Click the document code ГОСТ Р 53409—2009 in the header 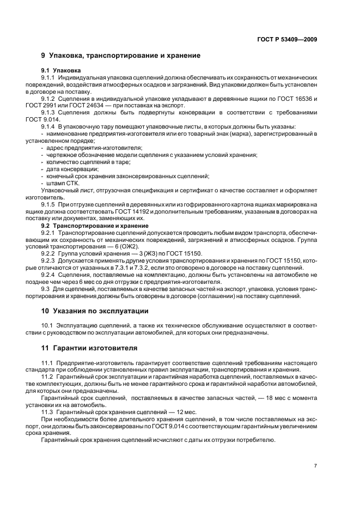pyautogui.click(x=287, y=39)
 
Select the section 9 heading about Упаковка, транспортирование pyautogui.click(x=120, y=56)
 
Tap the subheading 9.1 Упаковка pyautogui.click(x=61, y=71)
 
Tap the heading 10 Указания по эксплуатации pyautogui.click(x=95, y=311)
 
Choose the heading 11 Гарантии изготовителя pyautogui.click(x=90, y=347)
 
